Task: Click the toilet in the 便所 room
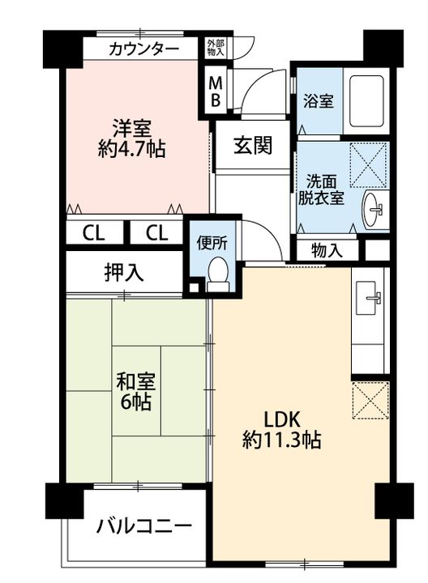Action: [218, 274]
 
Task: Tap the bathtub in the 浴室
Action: [366, 100]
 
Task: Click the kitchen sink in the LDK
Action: [369, 298]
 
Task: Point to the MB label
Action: [215, 91]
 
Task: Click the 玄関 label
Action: [253, 145]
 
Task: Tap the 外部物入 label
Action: [216, 48]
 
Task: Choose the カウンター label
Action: [144, 49]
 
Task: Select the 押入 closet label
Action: [123, 273]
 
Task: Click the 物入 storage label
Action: [327, 250]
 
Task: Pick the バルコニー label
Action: [144, 526]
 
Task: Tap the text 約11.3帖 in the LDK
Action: [282, 440]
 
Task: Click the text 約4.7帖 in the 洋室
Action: [132, 150]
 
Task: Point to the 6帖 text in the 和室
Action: [135, 402]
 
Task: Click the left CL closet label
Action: [94, 233]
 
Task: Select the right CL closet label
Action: [156, 233]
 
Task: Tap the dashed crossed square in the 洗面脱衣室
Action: [369, 165]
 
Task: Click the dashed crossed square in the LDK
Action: [370, 400]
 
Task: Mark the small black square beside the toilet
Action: [194, 287]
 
